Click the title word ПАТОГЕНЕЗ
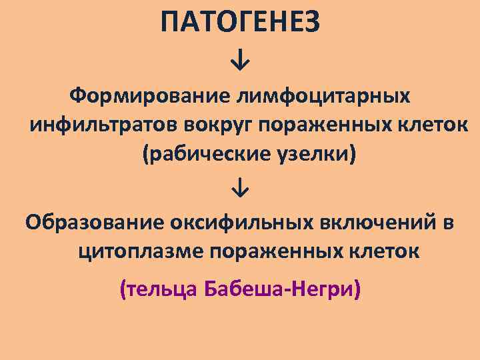pos(240,23)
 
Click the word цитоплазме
pos(135,252)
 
